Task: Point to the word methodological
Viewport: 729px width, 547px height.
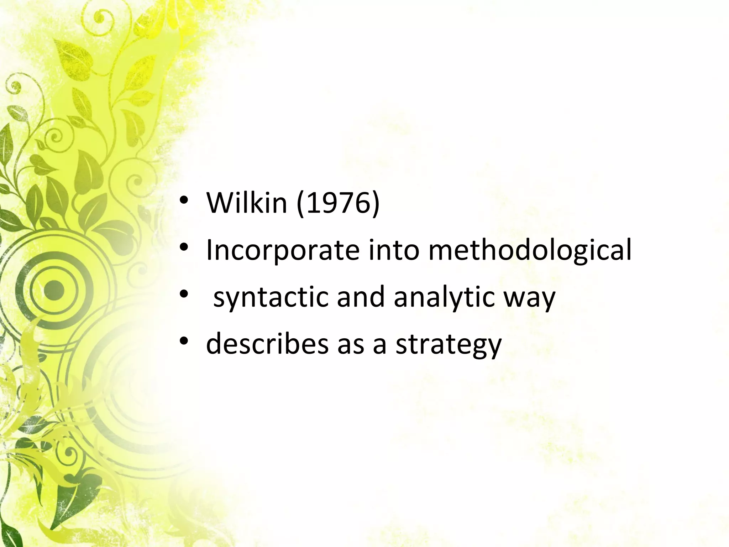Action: click(x=530, y=251)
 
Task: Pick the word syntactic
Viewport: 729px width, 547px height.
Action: click(x=271, y=298)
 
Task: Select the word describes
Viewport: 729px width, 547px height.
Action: click(x=267, y=344)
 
